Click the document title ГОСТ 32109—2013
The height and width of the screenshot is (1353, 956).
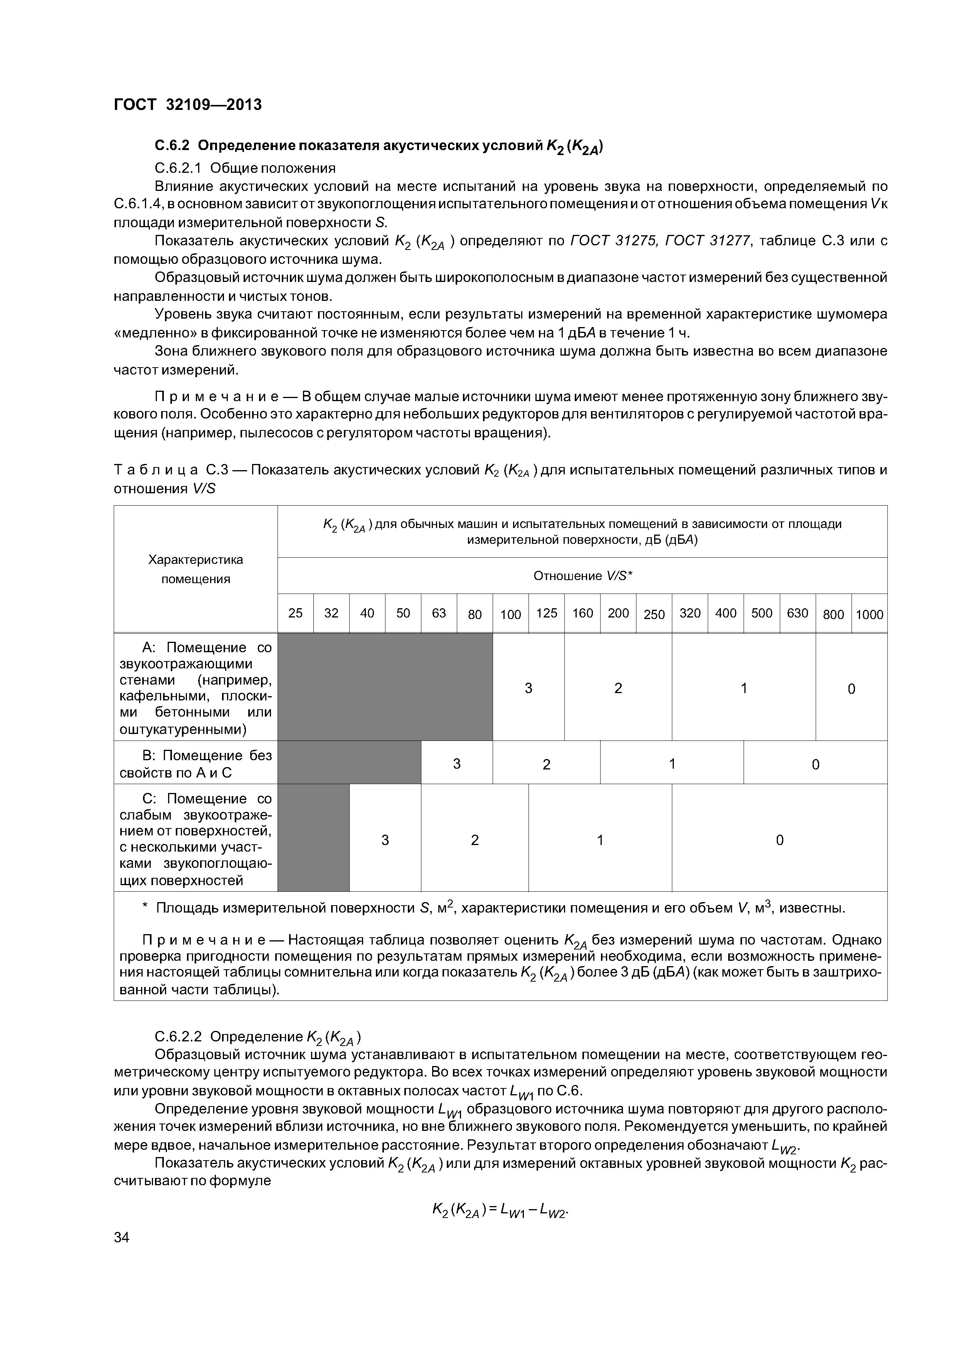(x=187, y=105)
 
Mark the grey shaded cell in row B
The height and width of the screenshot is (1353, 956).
(x=349, y=763)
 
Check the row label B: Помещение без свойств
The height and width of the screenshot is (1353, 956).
(x=195, y=764)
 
